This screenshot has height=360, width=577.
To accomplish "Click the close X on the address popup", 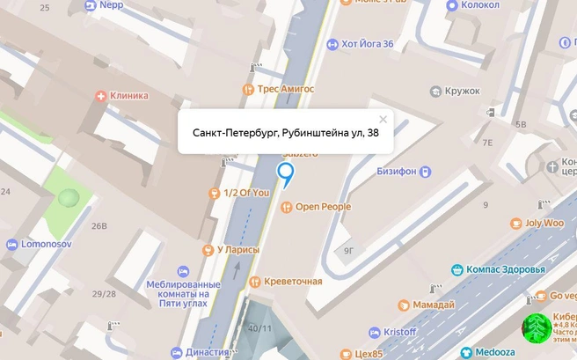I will click(x=383, y=119).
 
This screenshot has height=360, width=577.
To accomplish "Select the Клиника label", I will click(x=129, y=95).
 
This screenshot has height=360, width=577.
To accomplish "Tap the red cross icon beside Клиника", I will click(x=103, y=95).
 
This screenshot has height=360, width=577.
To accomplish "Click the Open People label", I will click(x=322, y=207).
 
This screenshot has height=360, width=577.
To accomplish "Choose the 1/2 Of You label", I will click(x=246, y=193).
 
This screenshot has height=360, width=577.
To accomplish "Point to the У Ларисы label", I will click(x=237, y=249).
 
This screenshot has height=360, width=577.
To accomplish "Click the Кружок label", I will click(x=462, y=91).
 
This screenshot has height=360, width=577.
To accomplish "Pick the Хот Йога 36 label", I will click(x=367, y=44).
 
